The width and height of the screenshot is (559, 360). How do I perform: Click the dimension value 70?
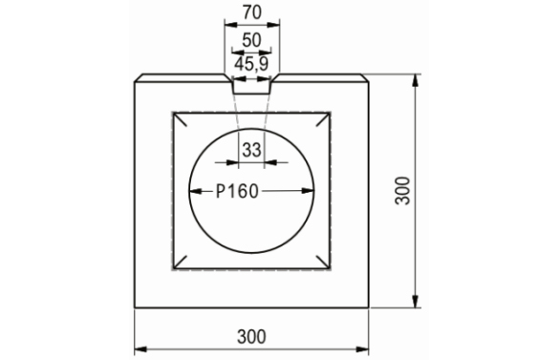[x=252, y=12]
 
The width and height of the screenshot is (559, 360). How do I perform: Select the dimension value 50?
[x=251, y=40]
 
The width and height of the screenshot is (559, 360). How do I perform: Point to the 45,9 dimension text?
[x=251, y=64]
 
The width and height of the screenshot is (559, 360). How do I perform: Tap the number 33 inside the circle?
[x=251, y=150]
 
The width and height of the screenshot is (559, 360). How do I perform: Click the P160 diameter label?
[x=237, y=191]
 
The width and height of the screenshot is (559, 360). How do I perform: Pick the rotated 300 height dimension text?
[x=403, y=191]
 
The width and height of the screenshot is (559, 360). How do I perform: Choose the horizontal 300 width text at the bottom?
[x=251, y=336]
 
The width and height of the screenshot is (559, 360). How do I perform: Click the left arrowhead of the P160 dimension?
[x=195, y=191]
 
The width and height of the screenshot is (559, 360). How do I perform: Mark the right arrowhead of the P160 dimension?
[x=308, y=191]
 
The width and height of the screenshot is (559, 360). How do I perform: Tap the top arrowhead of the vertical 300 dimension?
[x=415, y=80]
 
